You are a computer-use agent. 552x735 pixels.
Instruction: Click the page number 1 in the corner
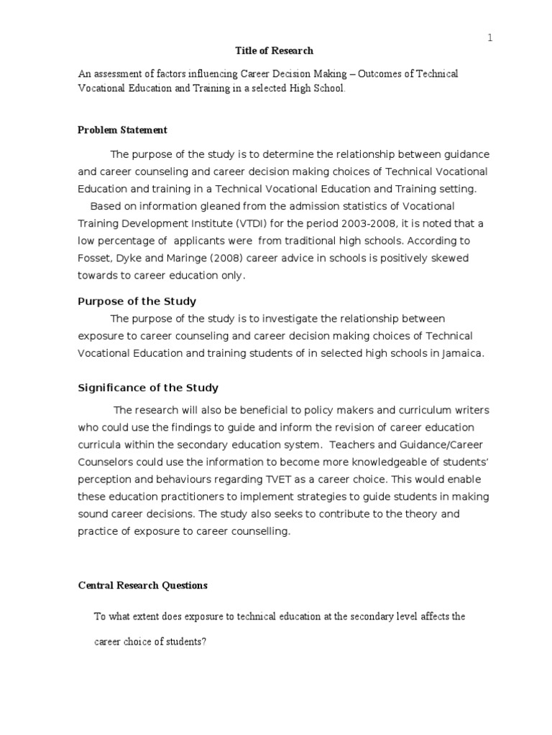coord(490,39)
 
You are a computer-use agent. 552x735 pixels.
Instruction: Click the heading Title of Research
coord(275,51)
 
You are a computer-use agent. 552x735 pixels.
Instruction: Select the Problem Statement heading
coord(122,130)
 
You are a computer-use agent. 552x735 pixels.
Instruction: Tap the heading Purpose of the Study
coord(137,301)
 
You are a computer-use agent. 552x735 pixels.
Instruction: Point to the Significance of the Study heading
coord(148,388)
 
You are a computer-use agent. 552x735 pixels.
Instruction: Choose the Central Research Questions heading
coord(142,586)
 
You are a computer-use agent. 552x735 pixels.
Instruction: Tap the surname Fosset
coord(95,258)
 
